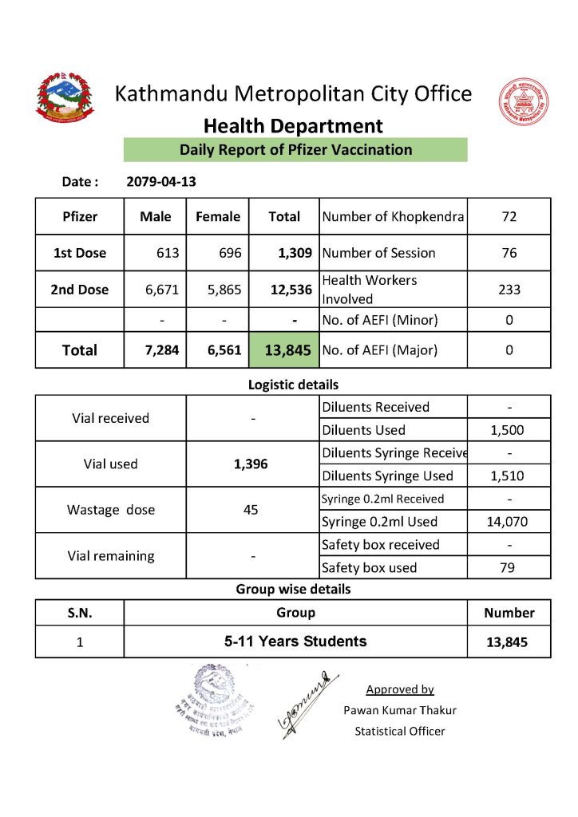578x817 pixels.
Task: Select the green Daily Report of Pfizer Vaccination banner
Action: pos(295,150)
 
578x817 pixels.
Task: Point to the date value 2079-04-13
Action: pos(161,182)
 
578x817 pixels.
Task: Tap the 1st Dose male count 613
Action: pos(168,253)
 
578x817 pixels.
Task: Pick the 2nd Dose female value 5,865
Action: pos(224,290)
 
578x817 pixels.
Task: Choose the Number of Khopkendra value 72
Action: pos(509,216)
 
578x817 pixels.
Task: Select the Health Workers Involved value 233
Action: pos(509,290)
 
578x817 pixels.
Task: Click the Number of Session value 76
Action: pos(509,253)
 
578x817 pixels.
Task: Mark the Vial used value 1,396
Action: pos(251,464)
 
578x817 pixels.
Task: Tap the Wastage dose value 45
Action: pos(251,510)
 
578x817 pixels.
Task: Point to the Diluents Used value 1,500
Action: pos(509,430)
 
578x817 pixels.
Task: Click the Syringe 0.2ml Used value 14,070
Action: pos(509,522)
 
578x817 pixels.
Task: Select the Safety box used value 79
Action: pos(509,568)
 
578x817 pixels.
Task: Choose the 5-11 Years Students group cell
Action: pos(295,641)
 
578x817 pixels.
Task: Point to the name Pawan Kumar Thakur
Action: pos(400,710)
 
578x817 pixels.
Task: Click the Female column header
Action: pos(218,216)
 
